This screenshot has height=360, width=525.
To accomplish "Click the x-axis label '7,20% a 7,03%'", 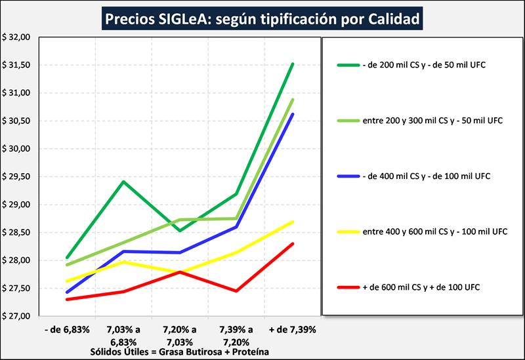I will [180, 334].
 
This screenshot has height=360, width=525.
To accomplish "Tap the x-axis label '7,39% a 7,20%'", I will [236, 334].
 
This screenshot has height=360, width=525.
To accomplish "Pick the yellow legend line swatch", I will [347, 231].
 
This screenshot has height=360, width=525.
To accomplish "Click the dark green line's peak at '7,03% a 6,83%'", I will [123, 182].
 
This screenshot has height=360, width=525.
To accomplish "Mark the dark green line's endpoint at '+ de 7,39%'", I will [293, 64].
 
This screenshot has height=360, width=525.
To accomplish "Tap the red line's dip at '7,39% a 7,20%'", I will [236, 290].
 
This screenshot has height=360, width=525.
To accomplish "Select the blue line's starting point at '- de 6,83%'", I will [67, 292].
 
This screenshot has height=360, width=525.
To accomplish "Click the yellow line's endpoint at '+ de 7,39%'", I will [293, 222].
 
